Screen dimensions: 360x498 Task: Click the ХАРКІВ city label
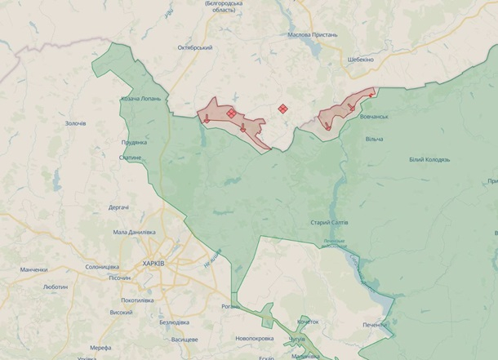tap(153, 264)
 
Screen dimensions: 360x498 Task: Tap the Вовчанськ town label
tap(374, 118)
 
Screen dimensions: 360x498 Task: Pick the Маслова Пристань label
tap(313, 35)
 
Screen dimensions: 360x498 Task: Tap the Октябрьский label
tap(195, 47)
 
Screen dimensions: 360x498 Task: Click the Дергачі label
tap(118, 207)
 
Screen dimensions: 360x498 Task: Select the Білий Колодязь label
tap(429, 159)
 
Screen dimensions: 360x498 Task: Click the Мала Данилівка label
tap(134, 233)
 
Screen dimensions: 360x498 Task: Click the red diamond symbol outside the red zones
tap(283, 108)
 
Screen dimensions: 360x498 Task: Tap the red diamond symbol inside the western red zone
tap(231, 113)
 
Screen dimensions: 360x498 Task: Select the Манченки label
tap(33, 269)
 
